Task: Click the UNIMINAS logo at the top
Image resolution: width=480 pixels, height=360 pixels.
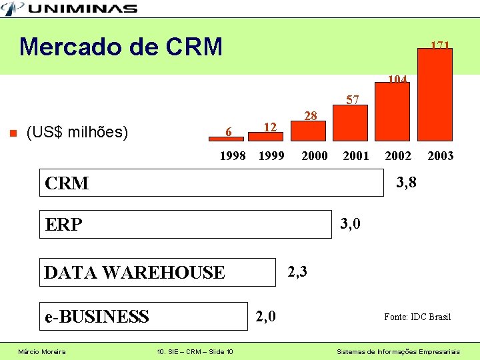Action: (x=69, y=8)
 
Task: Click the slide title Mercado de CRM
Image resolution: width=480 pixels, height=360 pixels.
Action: (x=121, y=47)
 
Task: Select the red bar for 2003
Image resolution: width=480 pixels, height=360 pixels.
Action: (x=435, y=93)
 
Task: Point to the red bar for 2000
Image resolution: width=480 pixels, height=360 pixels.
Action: (x=310, y=131)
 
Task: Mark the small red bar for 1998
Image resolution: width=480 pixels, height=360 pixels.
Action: (x=226, y=138)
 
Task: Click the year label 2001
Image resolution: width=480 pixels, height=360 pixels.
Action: (x=356, y=156)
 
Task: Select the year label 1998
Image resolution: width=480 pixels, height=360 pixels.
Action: (x=233, y=156)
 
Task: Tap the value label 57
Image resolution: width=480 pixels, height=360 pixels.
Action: (x=353, y=100)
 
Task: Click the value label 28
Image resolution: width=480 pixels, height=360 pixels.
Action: (x=310, y=116)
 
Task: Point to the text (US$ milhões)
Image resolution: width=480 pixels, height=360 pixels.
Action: (x=77, y=132)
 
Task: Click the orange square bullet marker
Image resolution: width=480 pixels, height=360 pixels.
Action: (x=11, y=132)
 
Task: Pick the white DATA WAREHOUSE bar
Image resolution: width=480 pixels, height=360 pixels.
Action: (x=157, y=272)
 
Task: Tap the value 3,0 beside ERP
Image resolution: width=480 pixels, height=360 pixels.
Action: (x=350, y=224)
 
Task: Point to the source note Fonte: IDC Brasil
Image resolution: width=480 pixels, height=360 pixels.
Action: (x=417, y=317)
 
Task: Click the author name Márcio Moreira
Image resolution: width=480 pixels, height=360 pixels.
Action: (x=41, y=351)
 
